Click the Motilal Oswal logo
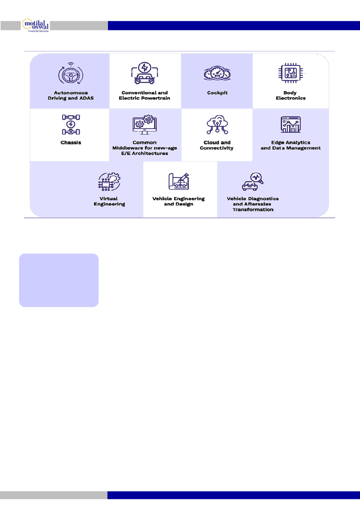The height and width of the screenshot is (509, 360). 35,25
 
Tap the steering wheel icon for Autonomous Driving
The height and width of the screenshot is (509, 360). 71,74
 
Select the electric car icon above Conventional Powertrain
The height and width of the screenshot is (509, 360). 145,73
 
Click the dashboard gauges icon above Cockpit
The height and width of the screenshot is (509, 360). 217,73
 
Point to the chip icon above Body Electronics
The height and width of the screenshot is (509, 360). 290,73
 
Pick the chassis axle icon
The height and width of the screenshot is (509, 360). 71,125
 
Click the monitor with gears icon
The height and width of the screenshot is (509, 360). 145,125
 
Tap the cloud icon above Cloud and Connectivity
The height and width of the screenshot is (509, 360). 217,125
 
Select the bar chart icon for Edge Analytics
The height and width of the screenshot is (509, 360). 290,125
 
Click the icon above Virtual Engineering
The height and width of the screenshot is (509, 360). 109,182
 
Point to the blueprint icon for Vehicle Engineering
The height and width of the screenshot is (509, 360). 178,182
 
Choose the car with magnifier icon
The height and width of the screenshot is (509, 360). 253,182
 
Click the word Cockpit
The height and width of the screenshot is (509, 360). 217,93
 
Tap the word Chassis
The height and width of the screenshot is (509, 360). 71,142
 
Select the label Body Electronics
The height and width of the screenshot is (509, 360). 290,95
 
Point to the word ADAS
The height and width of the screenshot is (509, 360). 86,98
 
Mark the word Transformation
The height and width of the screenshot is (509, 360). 253,210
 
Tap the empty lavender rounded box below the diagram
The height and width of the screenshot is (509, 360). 59,280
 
